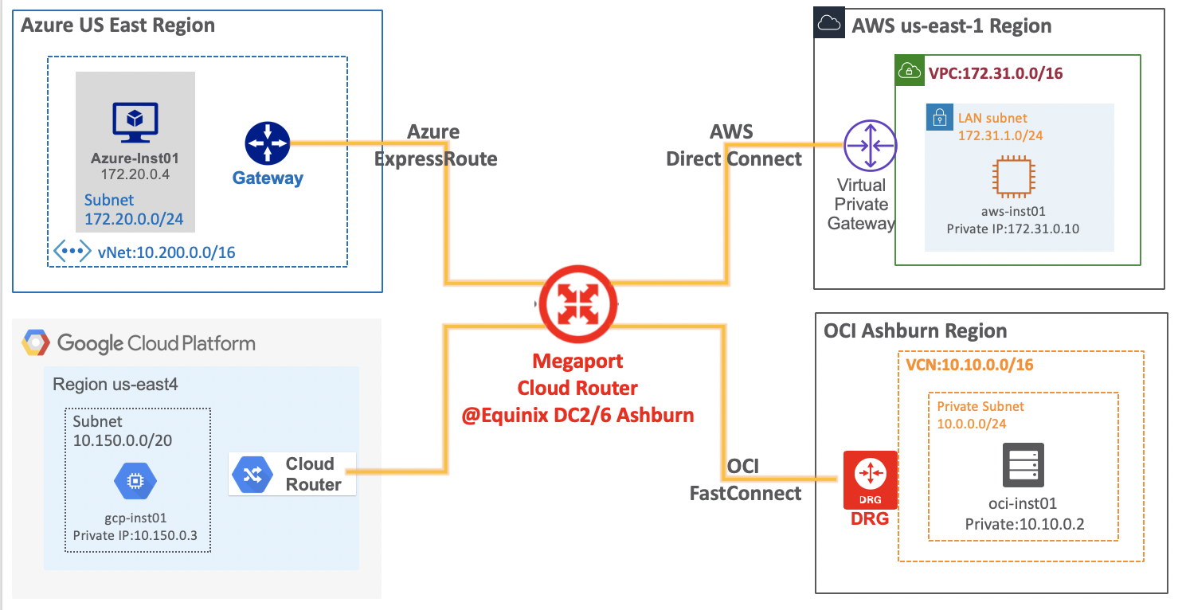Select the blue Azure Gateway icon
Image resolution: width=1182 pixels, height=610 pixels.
point(268,144)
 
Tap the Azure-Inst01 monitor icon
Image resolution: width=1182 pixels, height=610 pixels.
point(135,123)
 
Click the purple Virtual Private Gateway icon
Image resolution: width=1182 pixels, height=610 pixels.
point(870,146)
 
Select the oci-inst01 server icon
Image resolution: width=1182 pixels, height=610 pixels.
point(1023,465)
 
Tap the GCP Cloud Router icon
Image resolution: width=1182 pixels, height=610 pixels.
point(252,475)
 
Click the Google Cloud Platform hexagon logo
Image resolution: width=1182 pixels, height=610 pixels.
point(36,343)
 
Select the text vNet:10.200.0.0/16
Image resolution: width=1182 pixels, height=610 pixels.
point(166,252)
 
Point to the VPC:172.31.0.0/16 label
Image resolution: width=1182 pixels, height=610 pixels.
point(995,74)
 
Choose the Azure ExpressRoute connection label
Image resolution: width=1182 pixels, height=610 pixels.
point(436,145)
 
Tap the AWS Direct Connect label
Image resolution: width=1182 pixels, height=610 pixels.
point(734,145)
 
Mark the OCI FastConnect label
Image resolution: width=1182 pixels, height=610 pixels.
point(746,479)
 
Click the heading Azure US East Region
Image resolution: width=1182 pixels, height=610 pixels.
point(118,25)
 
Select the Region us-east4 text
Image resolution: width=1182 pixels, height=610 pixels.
point(115,385)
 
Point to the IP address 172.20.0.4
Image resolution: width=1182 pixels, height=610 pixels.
point(135,173)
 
